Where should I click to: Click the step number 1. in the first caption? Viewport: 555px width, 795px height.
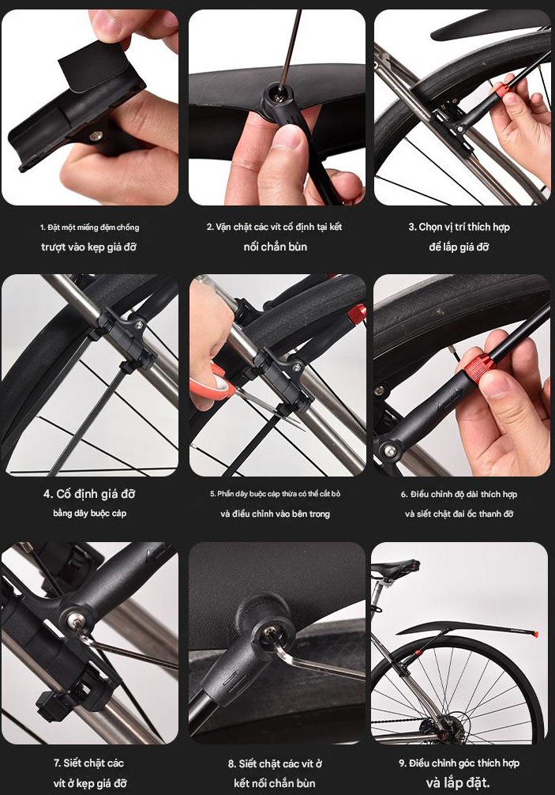[x=43, y=227]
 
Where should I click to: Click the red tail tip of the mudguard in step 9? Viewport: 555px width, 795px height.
[x=534, y=634]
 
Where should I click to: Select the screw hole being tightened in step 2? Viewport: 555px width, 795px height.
[x=277, y=92]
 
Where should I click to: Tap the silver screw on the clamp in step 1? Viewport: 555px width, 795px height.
[x=96, y=135]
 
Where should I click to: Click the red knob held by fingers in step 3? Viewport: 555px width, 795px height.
[x=501, y=91]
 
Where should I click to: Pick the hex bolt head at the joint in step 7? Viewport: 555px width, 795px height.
[x=76, y=620]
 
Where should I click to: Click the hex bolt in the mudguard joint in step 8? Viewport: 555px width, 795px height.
[x=271, y=634]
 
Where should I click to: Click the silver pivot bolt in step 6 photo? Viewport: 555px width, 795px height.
[x=389, y=450]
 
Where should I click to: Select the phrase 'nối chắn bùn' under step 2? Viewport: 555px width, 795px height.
[x=276, y=247]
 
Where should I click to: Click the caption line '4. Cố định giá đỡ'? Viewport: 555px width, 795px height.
[x=90, y=494]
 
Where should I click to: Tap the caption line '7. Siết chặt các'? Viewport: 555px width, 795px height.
[x=89, y=763]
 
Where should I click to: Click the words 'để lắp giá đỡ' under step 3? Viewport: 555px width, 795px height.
[x=459, y=247]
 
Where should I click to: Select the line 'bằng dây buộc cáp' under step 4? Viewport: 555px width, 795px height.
[x=90, y=513]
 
